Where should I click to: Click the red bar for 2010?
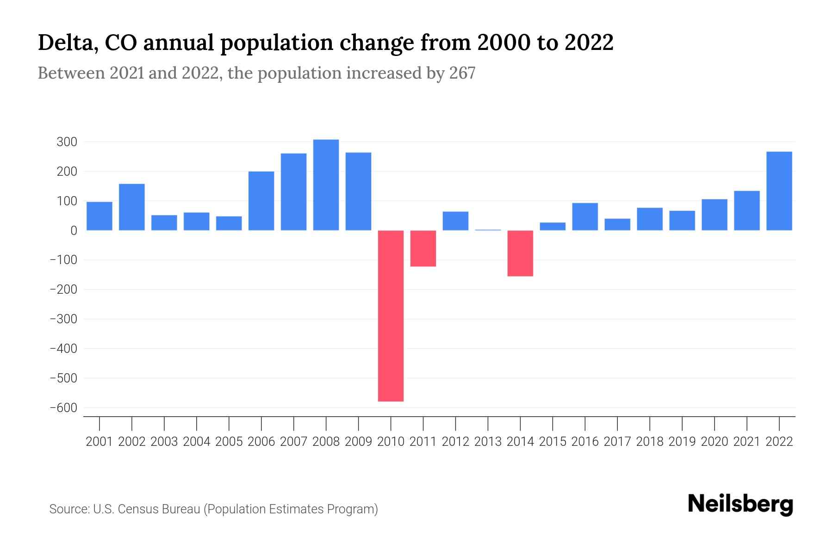tap(391, 315)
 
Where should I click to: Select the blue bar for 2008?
tap(326, 185)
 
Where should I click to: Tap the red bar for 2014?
tap(520, 253)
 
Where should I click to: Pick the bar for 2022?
tap(779, 191)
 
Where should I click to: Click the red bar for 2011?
tap(423, 248)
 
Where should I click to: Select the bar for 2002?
tap(132, 207)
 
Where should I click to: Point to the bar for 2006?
tap(261, 201)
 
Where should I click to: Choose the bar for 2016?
tap(585, 216)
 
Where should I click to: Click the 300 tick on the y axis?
tap(67, 142)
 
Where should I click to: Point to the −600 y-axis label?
tap(63, 407)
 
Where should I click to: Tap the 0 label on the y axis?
tap(73, 230)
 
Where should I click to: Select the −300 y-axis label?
tap(63, 319)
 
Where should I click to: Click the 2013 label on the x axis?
tap(488, 442)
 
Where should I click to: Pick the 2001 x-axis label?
tap(99, 442)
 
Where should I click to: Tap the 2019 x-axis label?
tap(682, 442)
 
